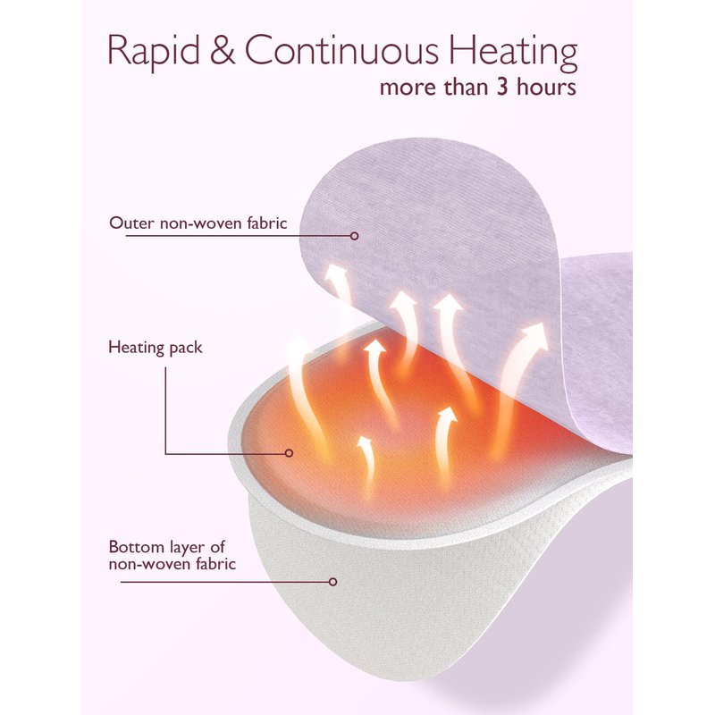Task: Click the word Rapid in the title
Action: click(x=154, y=51)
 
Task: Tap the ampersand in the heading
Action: click(x=223, y=49)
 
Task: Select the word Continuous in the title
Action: click(x=341, y=49)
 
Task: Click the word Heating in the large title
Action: click(x=514, y=52)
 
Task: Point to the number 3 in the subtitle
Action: click(x=502, y=87)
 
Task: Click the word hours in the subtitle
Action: click(x=546, y=86)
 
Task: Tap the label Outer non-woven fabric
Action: click(x=198, y=223)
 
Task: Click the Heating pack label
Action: click(x=155, y=348)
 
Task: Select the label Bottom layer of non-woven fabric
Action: click(x=172, y=555)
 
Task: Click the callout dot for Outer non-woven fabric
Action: click(x=354, y=236)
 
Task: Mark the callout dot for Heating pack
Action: click(x=289, y=453)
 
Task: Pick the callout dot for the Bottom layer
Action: click(x=332, y=582)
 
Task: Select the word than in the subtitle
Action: click(x=467, y=86)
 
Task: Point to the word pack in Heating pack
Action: click(x=186, y=349)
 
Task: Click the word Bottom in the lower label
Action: click(x=136, y=546)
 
